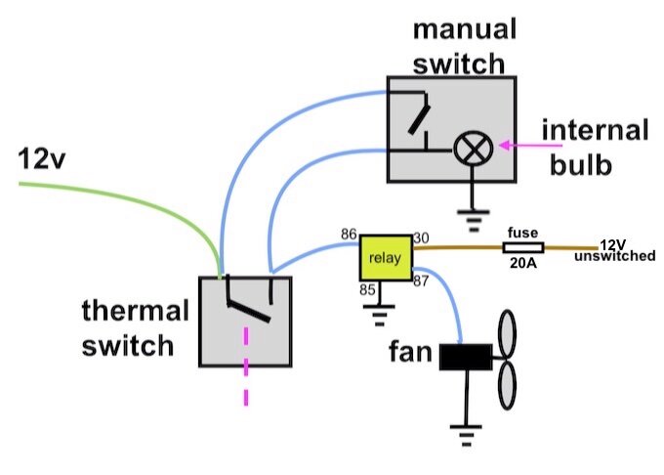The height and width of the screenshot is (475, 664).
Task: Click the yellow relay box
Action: (x=386, y=258)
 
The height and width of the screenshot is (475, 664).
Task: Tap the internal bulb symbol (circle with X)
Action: (x=474, y=149)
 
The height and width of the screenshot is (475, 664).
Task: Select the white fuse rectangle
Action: (x=523, y=248)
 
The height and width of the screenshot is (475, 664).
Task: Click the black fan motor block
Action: (x=466, y=357)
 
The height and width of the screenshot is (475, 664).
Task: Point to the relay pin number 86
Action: (x=349, y=235)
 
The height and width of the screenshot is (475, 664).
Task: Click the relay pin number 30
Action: (x=421, y=238)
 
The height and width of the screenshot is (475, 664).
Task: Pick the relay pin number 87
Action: (x=421, y=281)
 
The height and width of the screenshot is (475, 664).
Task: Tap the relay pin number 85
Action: (x=367, y=290)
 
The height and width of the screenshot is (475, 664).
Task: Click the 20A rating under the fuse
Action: (x=523, y=263)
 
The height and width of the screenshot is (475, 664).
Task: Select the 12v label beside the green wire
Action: (x=41, y=159)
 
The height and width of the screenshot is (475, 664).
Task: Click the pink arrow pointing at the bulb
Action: (x=531, y=146)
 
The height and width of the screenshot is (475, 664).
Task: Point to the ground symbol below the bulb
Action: (x=474, y=220)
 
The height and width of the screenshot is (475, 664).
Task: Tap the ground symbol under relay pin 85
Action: (x=379, y=316)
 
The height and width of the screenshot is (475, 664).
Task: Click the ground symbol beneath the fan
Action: (x=466, y=435)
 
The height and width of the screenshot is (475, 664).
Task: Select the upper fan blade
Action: (x=508, y=334)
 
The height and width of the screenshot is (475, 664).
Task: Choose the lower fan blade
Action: (x=508, y=385)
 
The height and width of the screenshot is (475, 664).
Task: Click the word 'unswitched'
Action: (x=615, y=256)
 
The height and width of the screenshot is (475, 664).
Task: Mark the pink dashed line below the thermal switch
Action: (x=246, y=367)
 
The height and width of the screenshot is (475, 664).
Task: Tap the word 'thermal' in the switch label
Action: (x=135, y=310)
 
